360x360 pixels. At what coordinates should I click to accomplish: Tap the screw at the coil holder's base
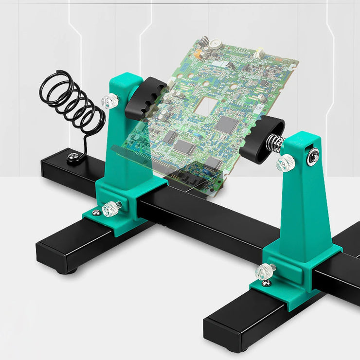(73, 157)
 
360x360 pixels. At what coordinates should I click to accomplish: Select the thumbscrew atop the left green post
(110, 102)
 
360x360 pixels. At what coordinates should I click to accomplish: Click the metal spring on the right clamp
(275, 144)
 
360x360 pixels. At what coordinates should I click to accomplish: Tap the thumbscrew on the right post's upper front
(286, 163)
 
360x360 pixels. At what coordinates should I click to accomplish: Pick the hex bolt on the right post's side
(313, 156)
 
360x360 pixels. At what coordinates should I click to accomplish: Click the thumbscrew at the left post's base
(111, 208)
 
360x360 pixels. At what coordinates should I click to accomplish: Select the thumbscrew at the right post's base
(266, 270)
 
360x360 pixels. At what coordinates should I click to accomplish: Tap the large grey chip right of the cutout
(226, 125)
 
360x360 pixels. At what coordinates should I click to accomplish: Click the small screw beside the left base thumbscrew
(96, 213)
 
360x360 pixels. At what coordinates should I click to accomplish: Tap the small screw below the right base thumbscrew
(266, 283)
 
